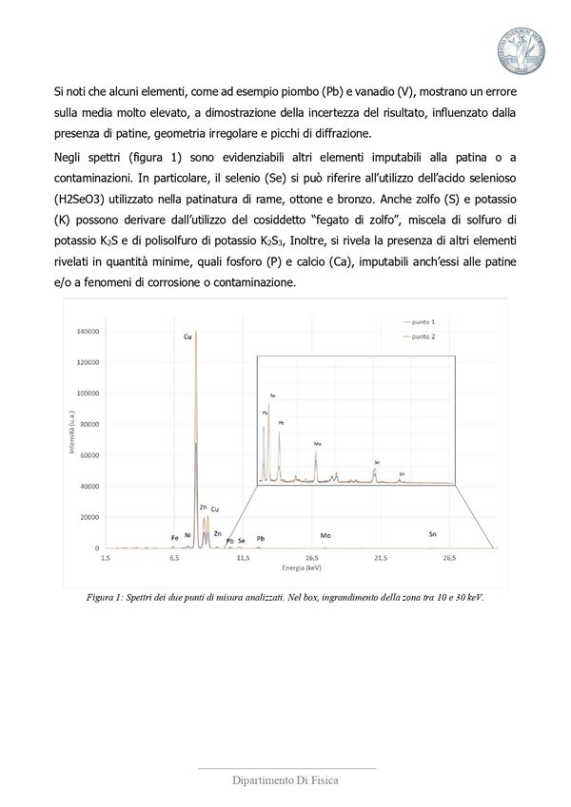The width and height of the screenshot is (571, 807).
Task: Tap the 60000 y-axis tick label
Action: pyautogui.click(x=88, y=455)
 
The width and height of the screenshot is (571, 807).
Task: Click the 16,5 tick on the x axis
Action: pyautogui.click(x=311, y=558)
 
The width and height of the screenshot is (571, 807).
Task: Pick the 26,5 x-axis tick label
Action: pyautogui.click(x=448, y=558)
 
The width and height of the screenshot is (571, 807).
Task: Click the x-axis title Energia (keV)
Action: pyautogui.click(x=301, y=567)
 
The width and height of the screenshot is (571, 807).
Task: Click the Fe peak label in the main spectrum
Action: pyautogui.click(x=174, y=538)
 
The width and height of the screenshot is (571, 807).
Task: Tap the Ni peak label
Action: pyautogui.click(x=187, y=535)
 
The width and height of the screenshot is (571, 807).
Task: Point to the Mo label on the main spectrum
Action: pyautogui.click(x=325, y=536)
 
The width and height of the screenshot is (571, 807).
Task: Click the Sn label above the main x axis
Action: pyautogui.click(x=433, y=535)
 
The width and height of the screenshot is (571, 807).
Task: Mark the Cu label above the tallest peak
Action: pyautogui.click(x=187, y=336)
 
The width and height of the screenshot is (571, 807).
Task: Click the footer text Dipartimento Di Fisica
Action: pyautogui.click(x=285, y=781)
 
